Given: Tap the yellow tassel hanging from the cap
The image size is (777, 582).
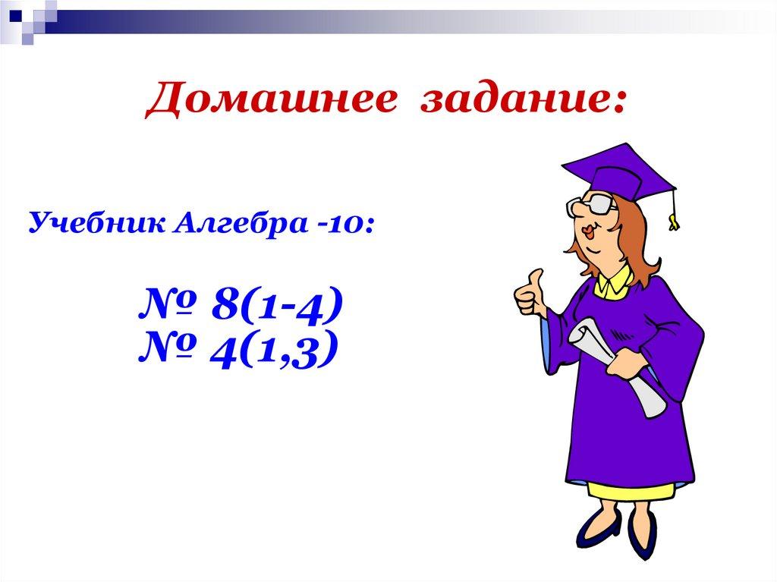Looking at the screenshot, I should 673,216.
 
